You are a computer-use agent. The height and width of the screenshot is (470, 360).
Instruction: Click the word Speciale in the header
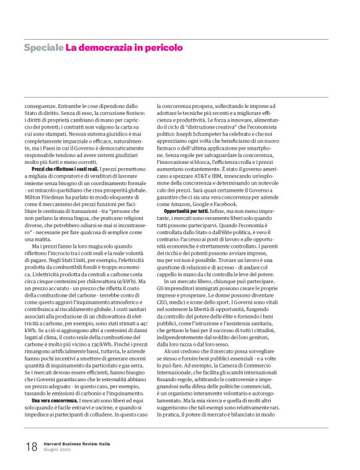coord(43,47)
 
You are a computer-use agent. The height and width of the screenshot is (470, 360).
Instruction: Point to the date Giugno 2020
coord(58,451)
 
